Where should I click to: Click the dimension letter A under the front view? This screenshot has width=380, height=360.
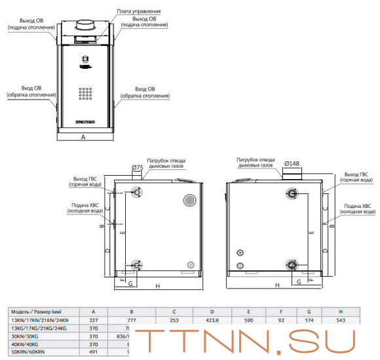(x=83, y=137)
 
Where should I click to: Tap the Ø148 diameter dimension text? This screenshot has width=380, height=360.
(x=292, y=163)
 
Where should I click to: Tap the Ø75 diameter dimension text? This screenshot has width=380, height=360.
(x=137, y=168)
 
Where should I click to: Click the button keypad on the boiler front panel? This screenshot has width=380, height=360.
(x=84, y=95)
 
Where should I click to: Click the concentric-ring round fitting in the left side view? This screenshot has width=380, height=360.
(x=189, y=199)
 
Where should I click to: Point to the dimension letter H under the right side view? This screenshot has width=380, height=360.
(x=278, y=285)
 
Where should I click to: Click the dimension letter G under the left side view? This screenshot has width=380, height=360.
(x=130, y=283)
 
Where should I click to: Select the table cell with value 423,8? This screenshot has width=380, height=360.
(x=212, y=319)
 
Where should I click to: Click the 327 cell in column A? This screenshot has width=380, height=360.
(x=94, y=319)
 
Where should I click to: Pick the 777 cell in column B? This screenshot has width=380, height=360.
(x=133, y=319)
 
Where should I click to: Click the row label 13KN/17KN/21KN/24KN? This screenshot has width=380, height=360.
(x=40, y=319)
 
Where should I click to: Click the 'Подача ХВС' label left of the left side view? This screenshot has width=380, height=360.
(x=86, y=208)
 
